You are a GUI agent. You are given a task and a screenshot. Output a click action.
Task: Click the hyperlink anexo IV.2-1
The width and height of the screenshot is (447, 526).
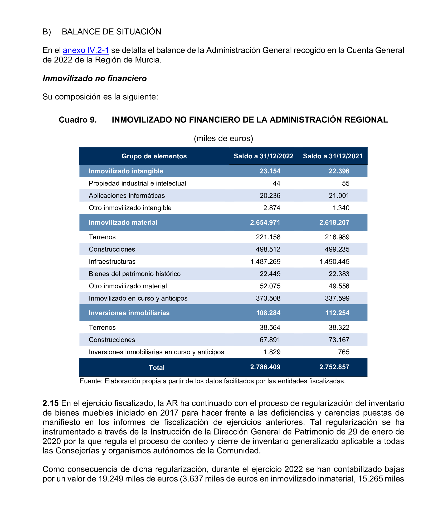point(86,50)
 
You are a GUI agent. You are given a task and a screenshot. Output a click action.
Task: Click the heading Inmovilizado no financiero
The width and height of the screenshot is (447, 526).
point(95,78)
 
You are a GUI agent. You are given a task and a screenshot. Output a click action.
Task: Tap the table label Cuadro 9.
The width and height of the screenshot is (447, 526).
point(78,120)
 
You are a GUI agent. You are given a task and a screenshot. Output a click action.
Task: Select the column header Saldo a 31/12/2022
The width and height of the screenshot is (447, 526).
point(263,156)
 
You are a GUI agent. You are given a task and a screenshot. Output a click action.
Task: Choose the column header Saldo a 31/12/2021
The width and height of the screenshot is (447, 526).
point(333,156)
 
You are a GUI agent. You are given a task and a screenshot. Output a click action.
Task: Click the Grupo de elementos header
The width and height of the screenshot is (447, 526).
point(154,156)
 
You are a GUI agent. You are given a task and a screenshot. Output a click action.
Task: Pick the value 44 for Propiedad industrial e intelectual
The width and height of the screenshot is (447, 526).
point(276,183)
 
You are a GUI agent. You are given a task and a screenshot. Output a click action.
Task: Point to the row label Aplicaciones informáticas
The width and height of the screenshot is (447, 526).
point(127,196)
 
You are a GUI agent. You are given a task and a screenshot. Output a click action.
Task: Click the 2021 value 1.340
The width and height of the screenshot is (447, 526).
point(341,208)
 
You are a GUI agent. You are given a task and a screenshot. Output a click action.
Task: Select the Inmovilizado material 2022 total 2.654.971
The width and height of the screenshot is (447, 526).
point(265,222)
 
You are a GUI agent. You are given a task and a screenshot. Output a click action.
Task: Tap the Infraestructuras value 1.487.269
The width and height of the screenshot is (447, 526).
point(265,261)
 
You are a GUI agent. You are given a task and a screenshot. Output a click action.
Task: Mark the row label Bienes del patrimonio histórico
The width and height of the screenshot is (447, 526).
point(135,274)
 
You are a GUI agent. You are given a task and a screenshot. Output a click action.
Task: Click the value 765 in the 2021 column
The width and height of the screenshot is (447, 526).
point(344,352)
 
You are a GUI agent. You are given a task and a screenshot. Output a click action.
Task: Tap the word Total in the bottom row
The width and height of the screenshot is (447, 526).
point(157,368)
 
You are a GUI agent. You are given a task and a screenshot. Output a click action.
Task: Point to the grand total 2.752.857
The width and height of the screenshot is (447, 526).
point(334,367)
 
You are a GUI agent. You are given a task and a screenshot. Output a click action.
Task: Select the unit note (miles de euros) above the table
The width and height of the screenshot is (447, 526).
point(223,138)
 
